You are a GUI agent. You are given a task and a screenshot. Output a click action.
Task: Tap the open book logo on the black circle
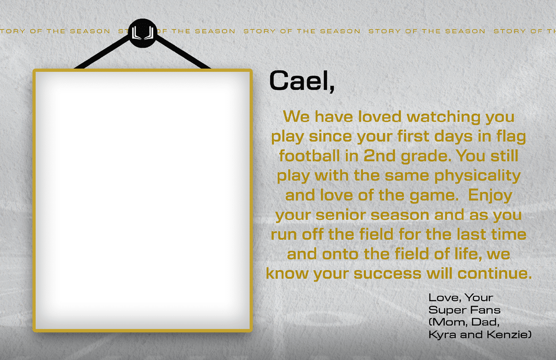pos(143,33)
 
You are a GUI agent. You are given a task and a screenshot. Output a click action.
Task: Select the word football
pos(309,156)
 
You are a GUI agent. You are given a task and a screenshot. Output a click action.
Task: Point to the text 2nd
pos(379,156)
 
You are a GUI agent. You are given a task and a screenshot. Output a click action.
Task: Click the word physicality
pos(477,176)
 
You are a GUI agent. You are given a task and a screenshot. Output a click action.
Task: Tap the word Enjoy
pos(490,195)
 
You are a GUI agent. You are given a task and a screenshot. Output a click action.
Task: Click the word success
pos(387,274)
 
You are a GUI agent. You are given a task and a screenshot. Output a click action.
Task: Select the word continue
pos(494,273)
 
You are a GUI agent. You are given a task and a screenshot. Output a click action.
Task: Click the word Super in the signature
pos(447,310)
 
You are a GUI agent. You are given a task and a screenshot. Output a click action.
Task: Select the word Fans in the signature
pos(485,310)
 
